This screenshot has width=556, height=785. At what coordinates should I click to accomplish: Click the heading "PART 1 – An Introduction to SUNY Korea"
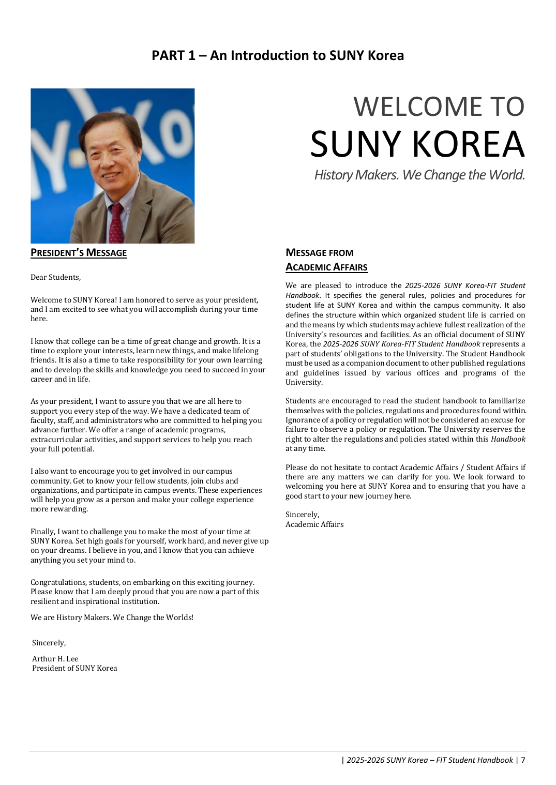278,55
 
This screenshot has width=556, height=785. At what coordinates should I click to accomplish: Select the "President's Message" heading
79,253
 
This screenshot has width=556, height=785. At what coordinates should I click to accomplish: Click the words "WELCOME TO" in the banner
439,107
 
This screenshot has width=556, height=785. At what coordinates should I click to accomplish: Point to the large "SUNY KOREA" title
417,144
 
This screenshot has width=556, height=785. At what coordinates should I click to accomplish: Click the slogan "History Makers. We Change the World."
419,175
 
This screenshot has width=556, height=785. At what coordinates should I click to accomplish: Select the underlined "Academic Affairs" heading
326,267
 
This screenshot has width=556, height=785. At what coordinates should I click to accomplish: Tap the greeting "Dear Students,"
56,277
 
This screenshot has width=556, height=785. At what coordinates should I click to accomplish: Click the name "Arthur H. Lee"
55,659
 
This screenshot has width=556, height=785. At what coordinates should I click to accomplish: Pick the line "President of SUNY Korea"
74,668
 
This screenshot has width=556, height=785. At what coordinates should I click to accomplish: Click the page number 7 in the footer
523,760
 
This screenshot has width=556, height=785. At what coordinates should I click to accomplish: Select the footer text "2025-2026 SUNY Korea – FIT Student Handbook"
429,760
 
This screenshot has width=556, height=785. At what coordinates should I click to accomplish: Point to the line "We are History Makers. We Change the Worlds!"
112,617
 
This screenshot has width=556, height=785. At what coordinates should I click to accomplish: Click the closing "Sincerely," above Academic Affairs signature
303,515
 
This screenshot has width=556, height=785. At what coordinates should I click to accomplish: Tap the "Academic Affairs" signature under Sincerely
314,524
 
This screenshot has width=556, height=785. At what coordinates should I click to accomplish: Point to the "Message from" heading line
320,253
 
